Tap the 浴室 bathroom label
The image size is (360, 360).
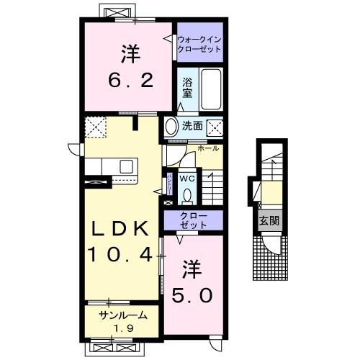pyautogui.click(x=186, y=88)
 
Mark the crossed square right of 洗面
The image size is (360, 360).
pyautogui.click(x=214, y=127)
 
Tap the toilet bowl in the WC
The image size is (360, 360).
pyautogui.click(x=188, y=194)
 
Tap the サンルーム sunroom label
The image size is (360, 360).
pyautogui.click(x=124, y=315)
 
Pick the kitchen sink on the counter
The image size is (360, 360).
pyautogui.click(x=127, y=166)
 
